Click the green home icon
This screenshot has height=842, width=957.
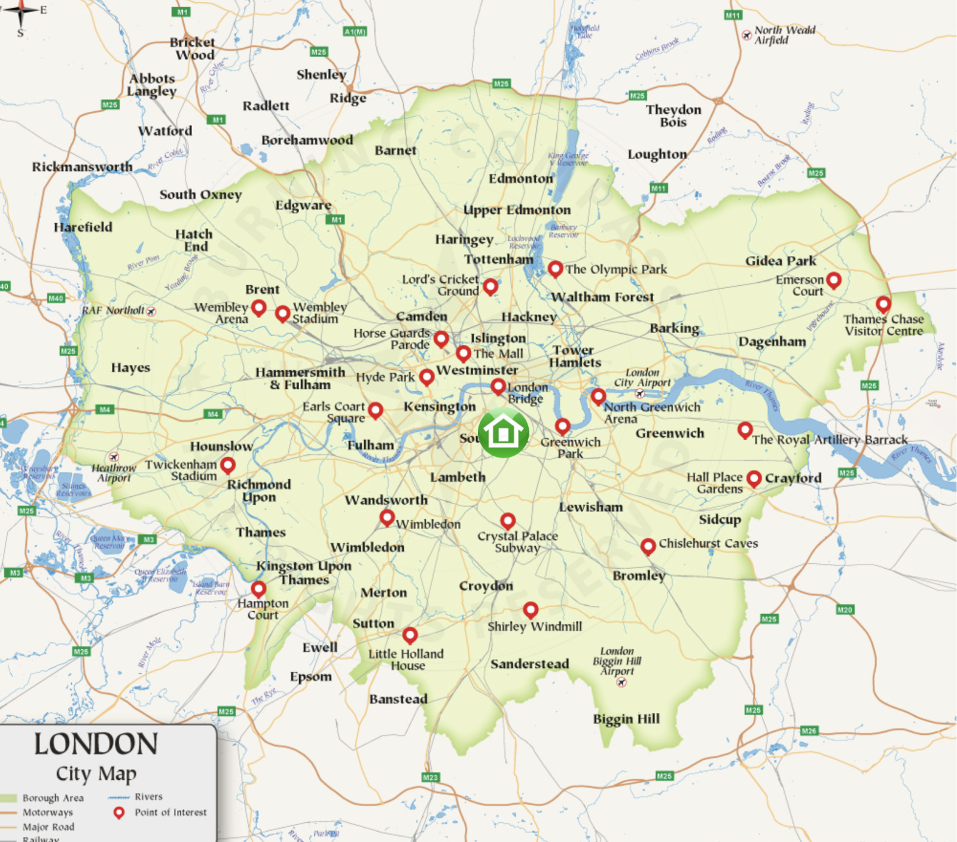click(x=503, y=433)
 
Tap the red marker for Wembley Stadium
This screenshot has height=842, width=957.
click(x=283, y=313)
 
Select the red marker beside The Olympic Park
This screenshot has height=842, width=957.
click(x=555, y=269)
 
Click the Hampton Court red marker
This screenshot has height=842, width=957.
click(x=258, y=588)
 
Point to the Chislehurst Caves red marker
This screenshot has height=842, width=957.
click(x=648, y=545)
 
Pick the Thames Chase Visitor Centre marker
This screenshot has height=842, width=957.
click(x=883, y=304)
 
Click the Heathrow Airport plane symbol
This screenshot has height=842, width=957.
click(x=114, y=457)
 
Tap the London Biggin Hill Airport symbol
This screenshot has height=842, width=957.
click(x=621, y=682)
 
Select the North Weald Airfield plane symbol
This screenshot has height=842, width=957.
click(x=746, y=35)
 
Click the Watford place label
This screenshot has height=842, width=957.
click(x=165, y=130)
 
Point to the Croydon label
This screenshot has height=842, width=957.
click(x=486, y=586)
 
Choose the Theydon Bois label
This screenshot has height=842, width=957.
click(x=673, y=115)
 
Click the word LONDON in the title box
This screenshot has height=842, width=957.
click(x=96, y=745)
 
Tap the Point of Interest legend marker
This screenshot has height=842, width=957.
click(x=119, y=812)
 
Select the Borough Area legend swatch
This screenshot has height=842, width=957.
click(x=9, y=798)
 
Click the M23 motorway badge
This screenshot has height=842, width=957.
click(x=431, y=777)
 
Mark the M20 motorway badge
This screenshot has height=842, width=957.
click(x=845, y=610)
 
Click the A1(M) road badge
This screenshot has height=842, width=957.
click(x=355, y=31)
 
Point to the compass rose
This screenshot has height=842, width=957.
click(x=21, y=11)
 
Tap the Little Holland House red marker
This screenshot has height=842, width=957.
click(x=410, y=634)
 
